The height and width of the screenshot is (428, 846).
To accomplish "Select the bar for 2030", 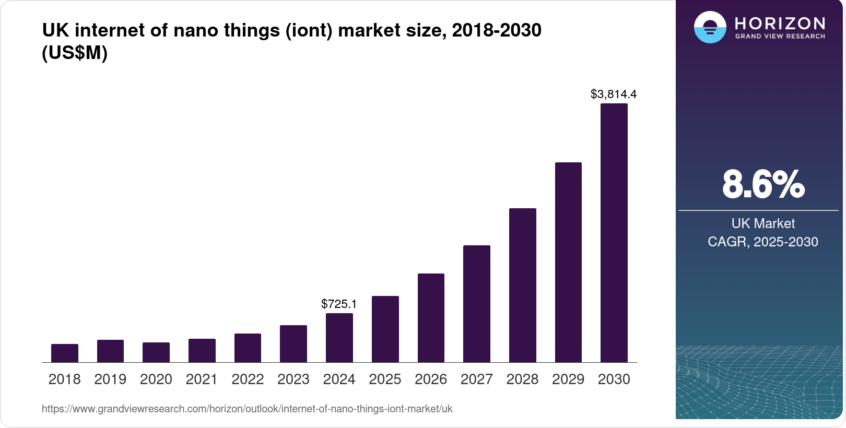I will point(614,233).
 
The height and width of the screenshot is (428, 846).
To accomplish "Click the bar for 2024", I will point(339,338).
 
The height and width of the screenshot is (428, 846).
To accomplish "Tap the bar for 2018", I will point(64,353).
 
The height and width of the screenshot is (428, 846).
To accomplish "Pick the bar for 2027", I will point(476,304).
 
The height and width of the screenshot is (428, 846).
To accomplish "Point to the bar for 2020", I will point(156,352).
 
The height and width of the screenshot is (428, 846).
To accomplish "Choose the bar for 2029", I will point(568,262).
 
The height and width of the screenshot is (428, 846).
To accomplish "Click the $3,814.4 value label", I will point(613,94).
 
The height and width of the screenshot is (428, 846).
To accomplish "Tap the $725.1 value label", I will point(339,304).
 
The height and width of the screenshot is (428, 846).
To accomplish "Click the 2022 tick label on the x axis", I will point(248,379).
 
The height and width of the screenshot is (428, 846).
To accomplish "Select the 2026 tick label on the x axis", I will point(430,379).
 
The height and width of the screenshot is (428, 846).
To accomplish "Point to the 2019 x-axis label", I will point(110,379).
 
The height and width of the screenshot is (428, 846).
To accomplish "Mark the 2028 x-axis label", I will point(522,379).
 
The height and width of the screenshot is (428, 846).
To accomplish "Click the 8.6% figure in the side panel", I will point(763,184).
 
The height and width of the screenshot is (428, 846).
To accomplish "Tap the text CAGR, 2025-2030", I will point(762,242).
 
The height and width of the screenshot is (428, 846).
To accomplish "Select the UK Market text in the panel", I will point(762,223).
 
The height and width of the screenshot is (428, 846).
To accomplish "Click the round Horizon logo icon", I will point(710,27).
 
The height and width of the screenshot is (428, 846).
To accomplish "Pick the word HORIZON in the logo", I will point(780,23).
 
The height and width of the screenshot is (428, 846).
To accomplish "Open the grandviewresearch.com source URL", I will point(247,409).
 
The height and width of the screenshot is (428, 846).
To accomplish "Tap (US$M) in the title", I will point(75,53).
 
